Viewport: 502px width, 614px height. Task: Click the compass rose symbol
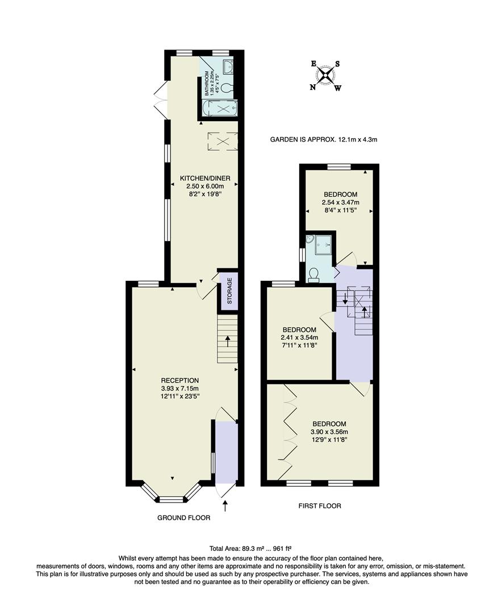(x=325, y=76)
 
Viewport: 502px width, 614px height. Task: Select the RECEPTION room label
(x=180, y=381)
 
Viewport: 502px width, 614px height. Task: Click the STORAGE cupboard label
(x=229, y=291)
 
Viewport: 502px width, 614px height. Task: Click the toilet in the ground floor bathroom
(x=227, y=88)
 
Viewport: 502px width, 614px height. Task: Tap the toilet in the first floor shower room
(x=313, y=275)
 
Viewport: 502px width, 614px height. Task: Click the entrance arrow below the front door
(x=225, y=505)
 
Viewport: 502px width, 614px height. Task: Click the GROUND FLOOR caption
(x=183, y=518)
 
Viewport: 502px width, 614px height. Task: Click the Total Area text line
(x=250, y=549)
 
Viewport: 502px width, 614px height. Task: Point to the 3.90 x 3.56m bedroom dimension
(x=329, y=432)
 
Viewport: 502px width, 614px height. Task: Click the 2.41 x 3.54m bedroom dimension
(x=299, y=338)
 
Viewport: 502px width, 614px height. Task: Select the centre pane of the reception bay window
(x=172, y=500)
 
